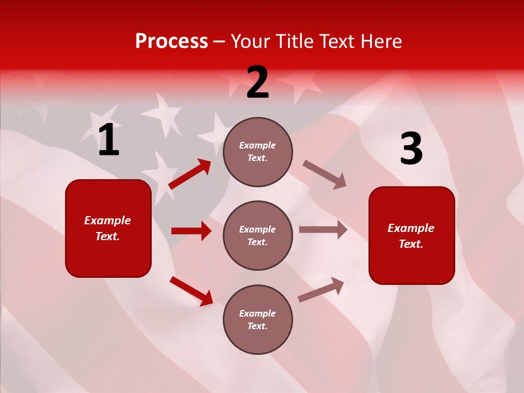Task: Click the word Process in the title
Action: tap(171, 41)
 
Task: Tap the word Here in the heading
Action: tap(380, 41)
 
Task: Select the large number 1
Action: tap(109, 140)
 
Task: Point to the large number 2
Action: tap(258, 82)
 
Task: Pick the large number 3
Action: tap(411, 149)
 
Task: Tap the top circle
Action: tap(258, 152)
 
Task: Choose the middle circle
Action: tap(258, 235)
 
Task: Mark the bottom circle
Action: tap(258, 319)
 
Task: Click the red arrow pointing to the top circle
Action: tap(190, 174)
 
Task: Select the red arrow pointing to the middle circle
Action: tap(191, 231)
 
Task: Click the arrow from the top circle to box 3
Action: tap(324, 174)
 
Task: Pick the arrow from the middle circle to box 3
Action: tap(323, 230)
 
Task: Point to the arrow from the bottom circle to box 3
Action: tap(321, 289)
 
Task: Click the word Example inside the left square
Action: tap(108, 221)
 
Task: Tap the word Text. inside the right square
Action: tap(411, 244)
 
